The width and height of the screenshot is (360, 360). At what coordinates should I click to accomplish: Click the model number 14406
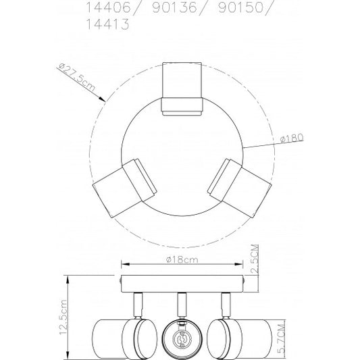pos(108,7)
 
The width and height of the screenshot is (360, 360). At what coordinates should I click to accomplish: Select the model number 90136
pos(174,7)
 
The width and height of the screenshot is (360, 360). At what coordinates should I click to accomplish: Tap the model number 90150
pos(241,7)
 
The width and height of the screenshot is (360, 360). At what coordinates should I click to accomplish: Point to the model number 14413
pos(107,24)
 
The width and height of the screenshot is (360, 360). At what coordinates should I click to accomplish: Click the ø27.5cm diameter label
pos(77,77)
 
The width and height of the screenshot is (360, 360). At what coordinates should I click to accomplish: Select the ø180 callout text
pos(292,138)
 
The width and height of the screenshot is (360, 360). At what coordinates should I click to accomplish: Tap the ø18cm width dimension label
pos(182,259)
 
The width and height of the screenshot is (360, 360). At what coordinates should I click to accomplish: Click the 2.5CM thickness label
pos(255,259)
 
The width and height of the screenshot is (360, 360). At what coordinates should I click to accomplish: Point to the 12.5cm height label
pos(63,317)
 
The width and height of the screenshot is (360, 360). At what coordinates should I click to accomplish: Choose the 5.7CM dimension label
pos(281,338)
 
